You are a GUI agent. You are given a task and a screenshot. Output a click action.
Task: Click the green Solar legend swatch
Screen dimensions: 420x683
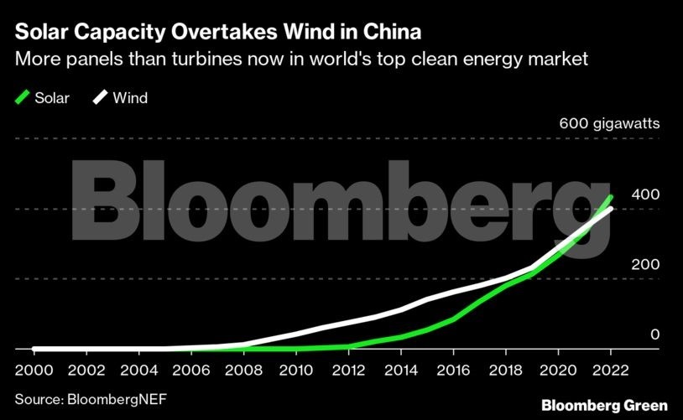pos(22,98)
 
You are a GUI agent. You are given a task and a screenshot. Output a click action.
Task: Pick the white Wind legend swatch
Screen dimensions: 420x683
pos(100,98)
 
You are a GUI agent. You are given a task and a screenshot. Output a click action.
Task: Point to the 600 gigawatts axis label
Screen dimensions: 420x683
pos(609,124)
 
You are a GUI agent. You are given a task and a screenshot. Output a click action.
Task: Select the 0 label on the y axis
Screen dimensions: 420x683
pos(655,334)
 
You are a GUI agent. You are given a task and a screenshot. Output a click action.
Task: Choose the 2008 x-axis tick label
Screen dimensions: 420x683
pos(243,370)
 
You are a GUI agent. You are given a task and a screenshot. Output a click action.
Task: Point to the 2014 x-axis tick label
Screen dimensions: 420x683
pos(400,370)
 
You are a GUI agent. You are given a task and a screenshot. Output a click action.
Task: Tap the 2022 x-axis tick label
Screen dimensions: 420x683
pos(611,370)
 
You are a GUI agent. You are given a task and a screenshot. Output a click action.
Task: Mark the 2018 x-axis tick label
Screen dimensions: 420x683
pos(506,370)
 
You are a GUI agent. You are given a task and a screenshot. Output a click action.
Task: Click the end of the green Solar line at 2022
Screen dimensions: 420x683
pos(611,197)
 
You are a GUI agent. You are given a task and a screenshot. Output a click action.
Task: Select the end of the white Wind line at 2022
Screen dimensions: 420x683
pos(611,209)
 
